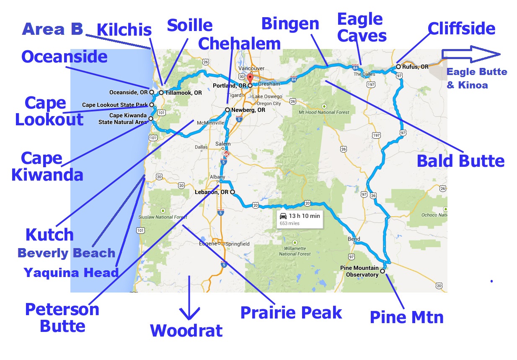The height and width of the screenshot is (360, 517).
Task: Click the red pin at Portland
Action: pos(250,79)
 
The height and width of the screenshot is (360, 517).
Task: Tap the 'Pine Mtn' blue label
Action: pos(406,317)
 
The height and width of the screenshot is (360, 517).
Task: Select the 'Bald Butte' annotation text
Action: pos(461,161)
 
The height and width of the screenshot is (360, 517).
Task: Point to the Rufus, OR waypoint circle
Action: pos(398,67)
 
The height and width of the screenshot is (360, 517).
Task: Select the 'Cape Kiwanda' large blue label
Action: pos(47,166)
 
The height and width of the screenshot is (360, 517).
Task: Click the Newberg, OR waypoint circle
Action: pos(227,110)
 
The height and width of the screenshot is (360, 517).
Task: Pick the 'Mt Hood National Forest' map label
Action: pos(323,112)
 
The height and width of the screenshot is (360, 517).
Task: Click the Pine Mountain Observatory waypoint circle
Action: pos(382,271)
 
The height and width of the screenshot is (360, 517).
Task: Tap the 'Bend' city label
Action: pos(354,239)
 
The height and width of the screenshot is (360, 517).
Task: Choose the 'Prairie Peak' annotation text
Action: pos(291,313)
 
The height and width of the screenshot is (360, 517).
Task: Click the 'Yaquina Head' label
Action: pos(71,273)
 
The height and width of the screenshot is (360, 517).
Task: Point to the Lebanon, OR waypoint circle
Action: pos(232,192)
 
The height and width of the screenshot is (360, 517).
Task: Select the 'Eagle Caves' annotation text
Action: pos(362,27)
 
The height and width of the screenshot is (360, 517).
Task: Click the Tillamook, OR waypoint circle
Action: pos(161,93)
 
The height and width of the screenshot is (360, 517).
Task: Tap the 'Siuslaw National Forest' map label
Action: pos(163,217)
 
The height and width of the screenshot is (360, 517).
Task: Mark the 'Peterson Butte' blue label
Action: pos(62,317)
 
